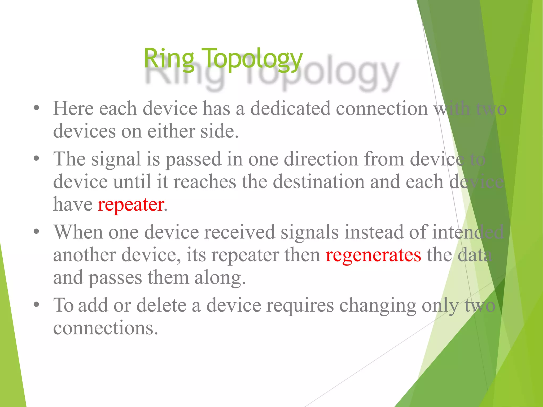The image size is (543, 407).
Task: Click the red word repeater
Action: pyautogui.click(x=131, y=205)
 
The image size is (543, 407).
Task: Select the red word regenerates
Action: pyautogui.click(x=373, y=255)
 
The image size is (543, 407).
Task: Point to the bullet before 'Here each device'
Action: pyautogui.click(x=37, y=108)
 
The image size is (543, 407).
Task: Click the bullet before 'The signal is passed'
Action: pyautogui.click(x=37, y=158)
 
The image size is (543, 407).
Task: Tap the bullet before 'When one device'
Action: pyautogui.click(x=37, y=232)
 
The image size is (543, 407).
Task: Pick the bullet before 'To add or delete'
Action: pyautogui.click(x=37, y=305)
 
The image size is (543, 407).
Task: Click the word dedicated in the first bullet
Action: pyautogui.click(x=290, y=109)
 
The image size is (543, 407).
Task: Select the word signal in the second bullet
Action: pyautogui.click(x=116, y=160)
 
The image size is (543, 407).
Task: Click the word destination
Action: pyautogui.click(x=318, y=182)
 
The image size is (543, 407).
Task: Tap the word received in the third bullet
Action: pyautogui.click(x=240, y=232)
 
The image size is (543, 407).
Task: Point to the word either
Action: pyautogui.click(x=171, y=131)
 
